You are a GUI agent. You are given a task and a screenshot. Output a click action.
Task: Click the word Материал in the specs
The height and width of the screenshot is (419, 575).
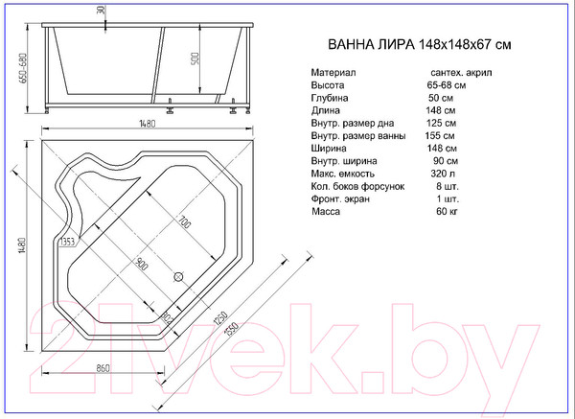[x=333, y=72]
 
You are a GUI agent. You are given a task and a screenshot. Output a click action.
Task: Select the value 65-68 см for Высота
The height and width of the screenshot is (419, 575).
[x=447, y=84]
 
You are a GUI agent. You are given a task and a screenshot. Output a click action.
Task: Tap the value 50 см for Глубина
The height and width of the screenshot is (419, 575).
[x=441, y=98]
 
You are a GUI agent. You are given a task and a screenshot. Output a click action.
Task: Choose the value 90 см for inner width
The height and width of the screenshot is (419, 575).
[x=441, y=161]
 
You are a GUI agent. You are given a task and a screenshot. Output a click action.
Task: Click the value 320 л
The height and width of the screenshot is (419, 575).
[x=440, y=175]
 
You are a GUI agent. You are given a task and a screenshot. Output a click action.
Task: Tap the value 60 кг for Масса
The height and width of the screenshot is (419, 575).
[x=440, y=213]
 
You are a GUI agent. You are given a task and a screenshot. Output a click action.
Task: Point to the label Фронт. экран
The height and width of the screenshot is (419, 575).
[x=343, y=199]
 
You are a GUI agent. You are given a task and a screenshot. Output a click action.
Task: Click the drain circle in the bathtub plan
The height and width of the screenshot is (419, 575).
[x=177, y=277]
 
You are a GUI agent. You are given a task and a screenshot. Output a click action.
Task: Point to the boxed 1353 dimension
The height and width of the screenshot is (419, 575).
[x=68, y=243]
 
